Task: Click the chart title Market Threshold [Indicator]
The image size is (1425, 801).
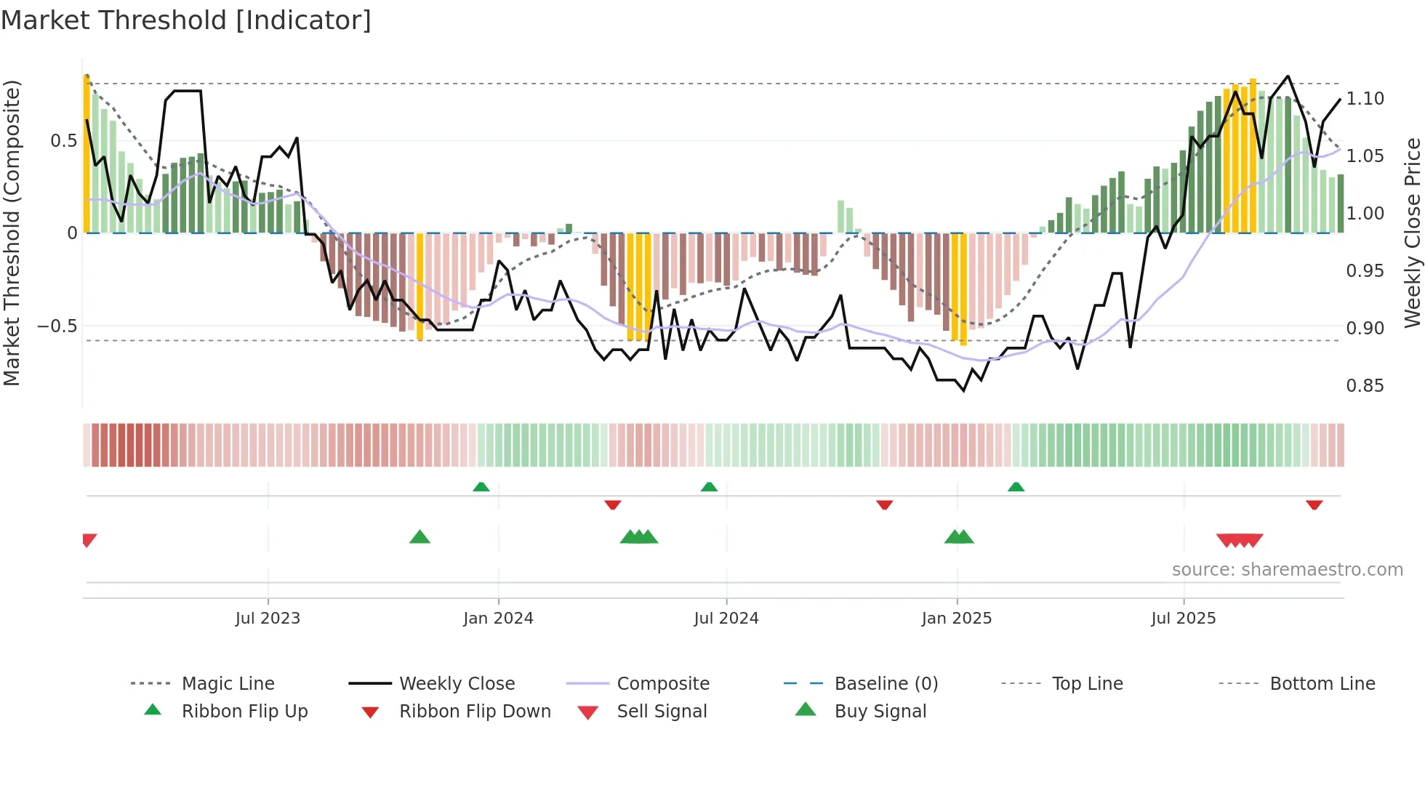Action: (x=186, y=20)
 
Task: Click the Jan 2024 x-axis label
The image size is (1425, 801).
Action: (x=498, y=618)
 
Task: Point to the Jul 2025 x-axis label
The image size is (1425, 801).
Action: (x=1183, y=618)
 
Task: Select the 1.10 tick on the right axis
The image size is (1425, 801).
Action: (x=1365, y=98)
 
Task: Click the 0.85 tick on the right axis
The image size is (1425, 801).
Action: (x=1365, y=385)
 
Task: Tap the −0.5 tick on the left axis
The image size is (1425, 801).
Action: (x=57, y=326)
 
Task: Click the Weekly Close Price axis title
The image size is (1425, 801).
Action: (x=1412, y=233)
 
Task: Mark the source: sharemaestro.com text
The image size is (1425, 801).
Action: (x=1287, y=569)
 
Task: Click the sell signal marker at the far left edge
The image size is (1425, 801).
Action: (x=89, y=539)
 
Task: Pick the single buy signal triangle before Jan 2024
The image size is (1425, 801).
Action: (x=420, y=537)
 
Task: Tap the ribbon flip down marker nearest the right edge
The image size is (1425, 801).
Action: (x=1314, y=504)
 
